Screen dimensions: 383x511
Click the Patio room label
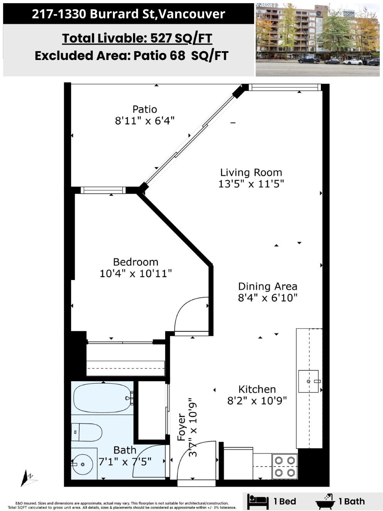click(145, 109)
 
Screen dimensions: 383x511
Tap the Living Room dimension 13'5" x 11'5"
click(251, 184)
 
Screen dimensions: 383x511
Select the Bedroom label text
click(135, 262)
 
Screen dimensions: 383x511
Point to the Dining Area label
click(268, 286)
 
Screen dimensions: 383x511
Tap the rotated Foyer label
click(182, 427)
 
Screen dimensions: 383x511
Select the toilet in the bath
click(87, 432)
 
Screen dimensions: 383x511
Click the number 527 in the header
click(161, 38)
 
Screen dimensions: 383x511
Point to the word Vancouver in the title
click(192, 14)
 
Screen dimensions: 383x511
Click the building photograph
click(318, 40)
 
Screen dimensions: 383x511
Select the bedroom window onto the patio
click(103, 190)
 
